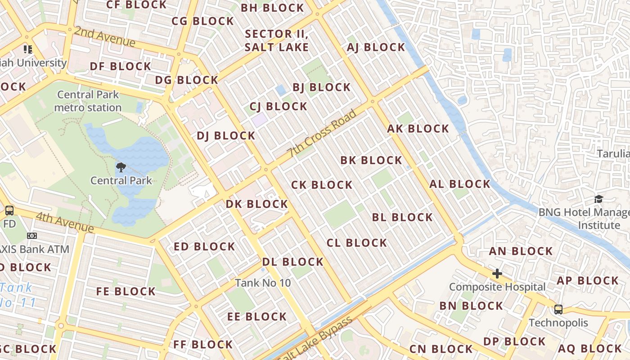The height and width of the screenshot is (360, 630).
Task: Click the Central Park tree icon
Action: pos(121,168)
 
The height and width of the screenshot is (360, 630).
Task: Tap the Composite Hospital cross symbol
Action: pos(497,274)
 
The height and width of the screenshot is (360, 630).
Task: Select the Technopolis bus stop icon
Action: pos(558,310)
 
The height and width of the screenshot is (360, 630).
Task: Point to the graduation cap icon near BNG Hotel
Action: pos(598,199)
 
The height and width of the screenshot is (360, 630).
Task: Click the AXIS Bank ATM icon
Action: pos(31,236)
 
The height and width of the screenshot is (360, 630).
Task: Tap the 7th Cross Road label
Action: pos(323,133)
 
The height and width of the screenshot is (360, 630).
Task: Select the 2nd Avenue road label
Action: pos(105,36)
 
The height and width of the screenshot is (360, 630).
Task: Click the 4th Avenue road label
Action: pos(65,223)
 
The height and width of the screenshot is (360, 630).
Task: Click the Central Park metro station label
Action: pos(88,101)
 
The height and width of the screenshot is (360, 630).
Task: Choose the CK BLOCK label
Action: pos(322,185)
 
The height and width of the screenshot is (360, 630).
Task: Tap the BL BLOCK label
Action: pos(402,217)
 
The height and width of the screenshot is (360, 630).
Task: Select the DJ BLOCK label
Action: pos(226,135)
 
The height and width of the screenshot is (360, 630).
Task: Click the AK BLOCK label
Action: pos(418,129)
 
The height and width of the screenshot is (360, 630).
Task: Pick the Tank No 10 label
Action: pos(263,283)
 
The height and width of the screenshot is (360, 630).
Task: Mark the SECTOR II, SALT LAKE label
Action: pos(277,40)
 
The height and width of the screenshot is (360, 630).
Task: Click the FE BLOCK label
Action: pos(126,292)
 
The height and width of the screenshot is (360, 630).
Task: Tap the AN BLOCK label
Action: pos(521,251)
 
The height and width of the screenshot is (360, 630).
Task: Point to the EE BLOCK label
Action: pos(257,317)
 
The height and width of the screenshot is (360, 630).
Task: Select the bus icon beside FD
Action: pos(9,211)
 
